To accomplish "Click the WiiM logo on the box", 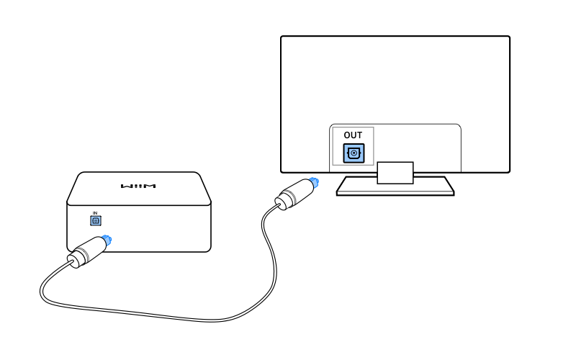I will pos(139,186).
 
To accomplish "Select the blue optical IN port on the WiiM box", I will pos(94,221).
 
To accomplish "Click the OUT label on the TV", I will pos(354,135).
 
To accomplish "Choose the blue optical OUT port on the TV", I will pos(354,153).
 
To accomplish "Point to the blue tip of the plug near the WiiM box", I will pos(107,239).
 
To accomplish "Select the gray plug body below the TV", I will pos(292,194).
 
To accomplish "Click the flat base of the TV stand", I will pos(395,186).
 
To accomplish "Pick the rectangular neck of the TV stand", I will pos(395,171).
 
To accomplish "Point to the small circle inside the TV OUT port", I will pos(354,153).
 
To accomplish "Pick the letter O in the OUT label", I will pos(347,135).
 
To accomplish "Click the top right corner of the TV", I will pos(508,37).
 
